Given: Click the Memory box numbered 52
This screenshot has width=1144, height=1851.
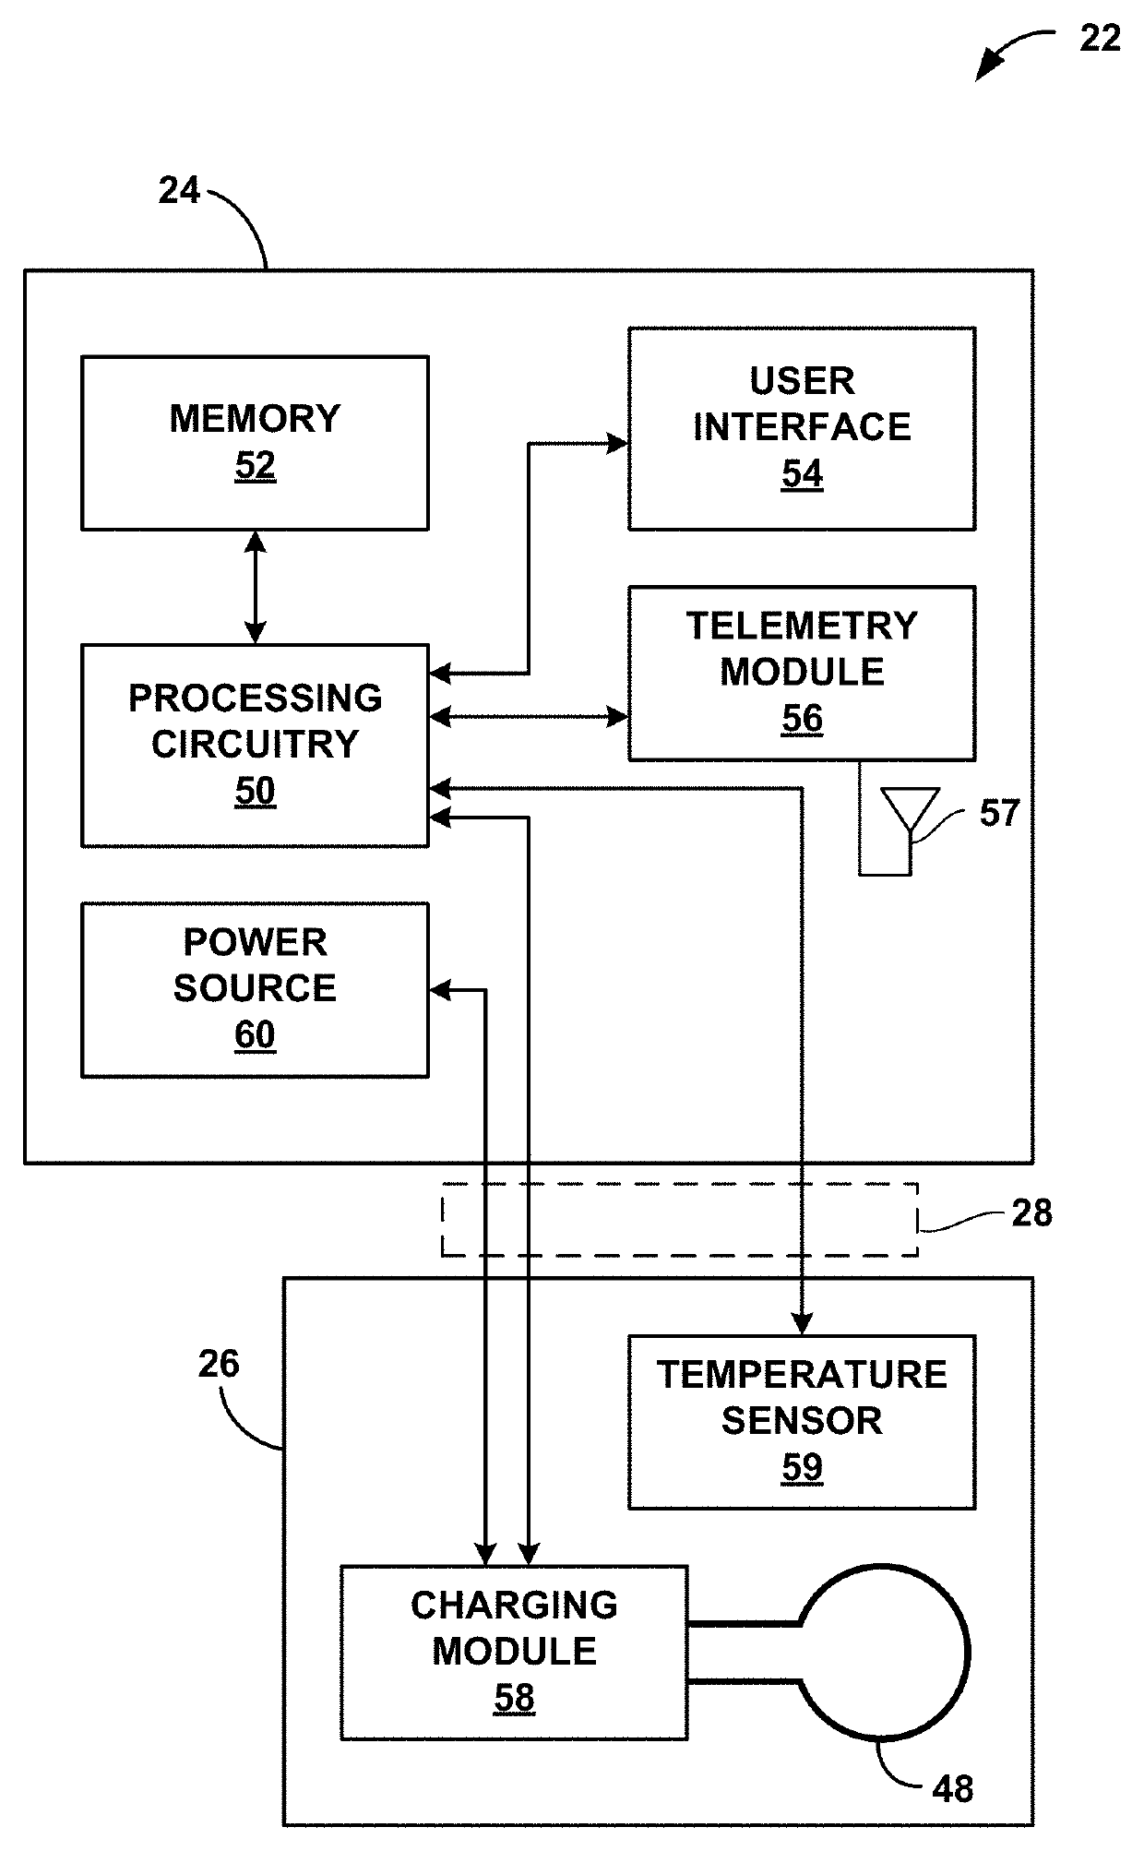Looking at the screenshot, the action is [x=255, y=443].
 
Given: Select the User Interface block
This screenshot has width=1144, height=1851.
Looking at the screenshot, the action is [x=802, y=428].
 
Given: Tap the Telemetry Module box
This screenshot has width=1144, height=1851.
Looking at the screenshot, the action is [x=802, y=673].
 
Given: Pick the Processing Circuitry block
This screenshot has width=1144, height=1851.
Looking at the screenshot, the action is [x=255, y=745].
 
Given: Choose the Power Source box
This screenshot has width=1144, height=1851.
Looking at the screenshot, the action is [x=255, y=989].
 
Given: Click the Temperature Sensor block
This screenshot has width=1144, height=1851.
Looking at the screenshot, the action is [x=802, y=1422].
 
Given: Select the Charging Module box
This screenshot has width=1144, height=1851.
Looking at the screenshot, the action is [x=514, y=1653].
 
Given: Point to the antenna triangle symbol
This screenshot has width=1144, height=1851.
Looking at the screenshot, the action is [x=910, y=810].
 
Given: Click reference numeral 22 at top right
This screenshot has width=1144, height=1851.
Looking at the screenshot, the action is [x=1100, y=38].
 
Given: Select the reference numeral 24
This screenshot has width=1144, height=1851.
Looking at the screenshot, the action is [x=179, y=190].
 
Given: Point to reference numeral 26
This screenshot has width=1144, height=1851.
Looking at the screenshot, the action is [x=219, y=1364].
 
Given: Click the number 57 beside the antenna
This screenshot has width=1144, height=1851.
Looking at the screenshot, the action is [x=999, y=813].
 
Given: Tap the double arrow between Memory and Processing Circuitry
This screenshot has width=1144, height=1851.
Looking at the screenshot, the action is [x=256, y=587].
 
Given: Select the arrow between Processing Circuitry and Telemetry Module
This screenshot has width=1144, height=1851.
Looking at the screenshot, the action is [x=529, y=716].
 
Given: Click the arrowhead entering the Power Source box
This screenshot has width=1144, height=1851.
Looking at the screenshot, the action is [x=439, y=990].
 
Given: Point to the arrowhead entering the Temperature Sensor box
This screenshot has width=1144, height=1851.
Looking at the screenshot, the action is [x=802, y=1324].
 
